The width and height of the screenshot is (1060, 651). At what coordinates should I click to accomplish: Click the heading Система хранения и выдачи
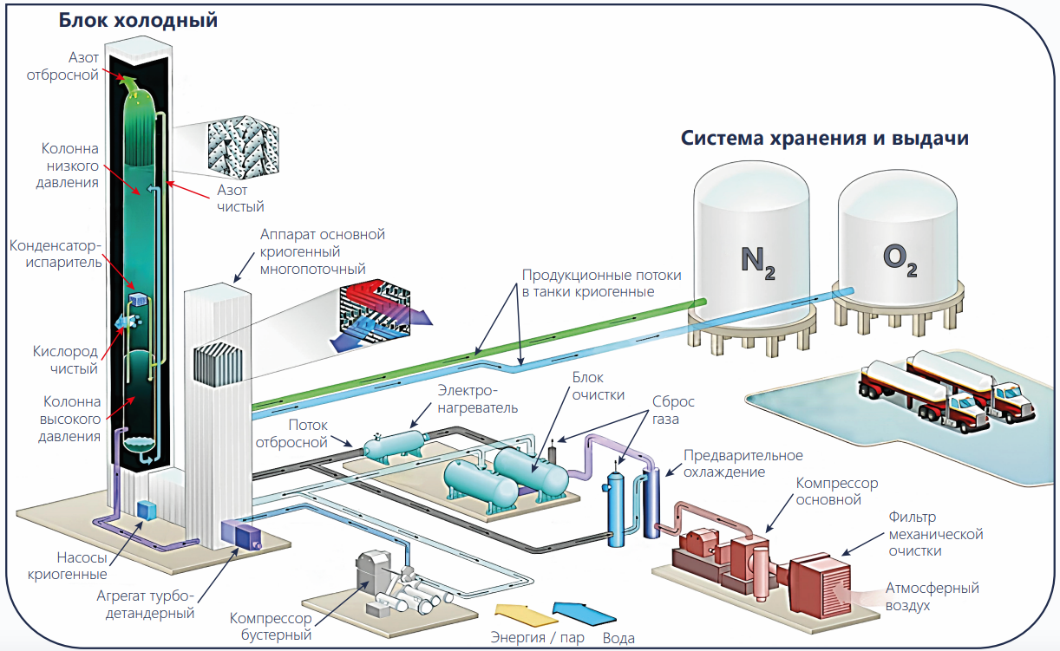tap(823, 139)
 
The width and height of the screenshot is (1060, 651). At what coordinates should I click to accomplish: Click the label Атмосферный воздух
tap(932, 596)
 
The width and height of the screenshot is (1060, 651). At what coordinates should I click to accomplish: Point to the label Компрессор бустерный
tap(270, 626)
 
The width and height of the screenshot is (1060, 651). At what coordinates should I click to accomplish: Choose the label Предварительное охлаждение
tap(743, 464)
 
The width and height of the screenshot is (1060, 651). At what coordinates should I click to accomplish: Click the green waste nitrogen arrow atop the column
tap(130, 84)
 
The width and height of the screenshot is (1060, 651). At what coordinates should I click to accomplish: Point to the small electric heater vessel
tap(393, 446)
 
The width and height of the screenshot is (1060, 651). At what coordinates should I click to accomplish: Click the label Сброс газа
tap(673, 411)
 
